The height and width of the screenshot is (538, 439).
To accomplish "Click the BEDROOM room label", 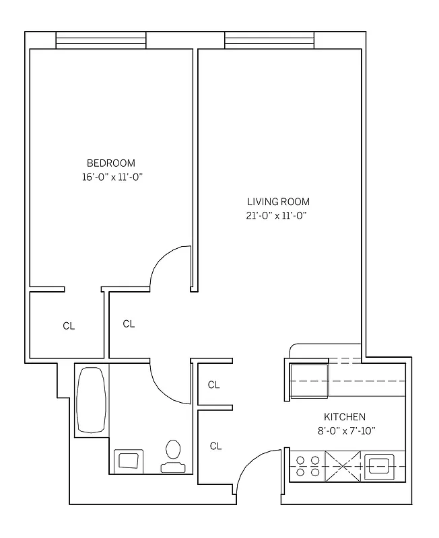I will [x=111, y=163].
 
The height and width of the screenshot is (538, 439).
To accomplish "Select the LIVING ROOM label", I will [x=277, y=202].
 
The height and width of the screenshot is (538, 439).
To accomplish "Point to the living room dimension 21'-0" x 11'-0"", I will [x=277, y=216].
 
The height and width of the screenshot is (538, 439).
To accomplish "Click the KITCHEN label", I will [x=345, y=417].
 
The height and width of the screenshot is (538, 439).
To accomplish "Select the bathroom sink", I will [x=128, y=460].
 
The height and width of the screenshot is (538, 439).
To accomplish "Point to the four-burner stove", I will [x=307, y=465].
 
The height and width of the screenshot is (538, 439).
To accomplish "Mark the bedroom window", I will [x=100, y=41].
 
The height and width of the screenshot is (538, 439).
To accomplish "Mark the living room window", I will [x=269, y=41].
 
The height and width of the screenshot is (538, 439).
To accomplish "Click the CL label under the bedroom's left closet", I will [x=69, y=326].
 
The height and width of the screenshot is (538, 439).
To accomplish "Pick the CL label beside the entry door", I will [x=215, y=446].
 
